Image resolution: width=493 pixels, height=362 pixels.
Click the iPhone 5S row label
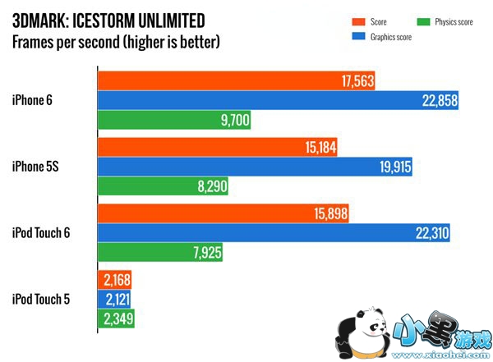point(36,167)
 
